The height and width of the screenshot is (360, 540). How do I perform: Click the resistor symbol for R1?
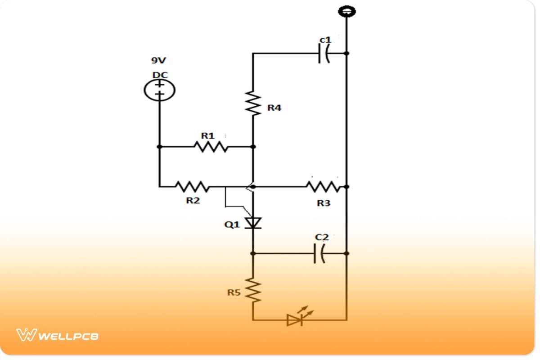[211, 147]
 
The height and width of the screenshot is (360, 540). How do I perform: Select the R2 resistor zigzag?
[192, 186]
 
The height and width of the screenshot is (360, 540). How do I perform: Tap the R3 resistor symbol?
[323, 186]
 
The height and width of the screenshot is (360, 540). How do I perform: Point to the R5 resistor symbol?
[253, 290]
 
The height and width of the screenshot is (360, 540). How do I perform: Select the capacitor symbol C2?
[320, 254]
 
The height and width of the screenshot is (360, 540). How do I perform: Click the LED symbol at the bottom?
[296, 319]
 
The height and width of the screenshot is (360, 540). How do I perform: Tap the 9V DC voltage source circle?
[159, 90]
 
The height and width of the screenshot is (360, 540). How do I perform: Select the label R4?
[274, 108]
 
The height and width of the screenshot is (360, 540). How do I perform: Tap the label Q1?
[232, 225]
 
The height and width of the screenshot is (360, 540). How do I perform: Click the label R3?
[323, 203]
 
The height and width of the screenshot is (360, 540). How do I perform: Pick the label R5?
[234, 293]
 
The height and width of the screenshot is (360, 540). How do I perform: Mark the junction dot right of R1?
[253, 147]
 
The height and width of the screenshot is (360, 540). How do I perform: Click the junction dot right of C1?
[346, 53]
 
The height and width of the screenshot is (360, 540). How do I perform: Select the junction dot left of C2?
[253, 254]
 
